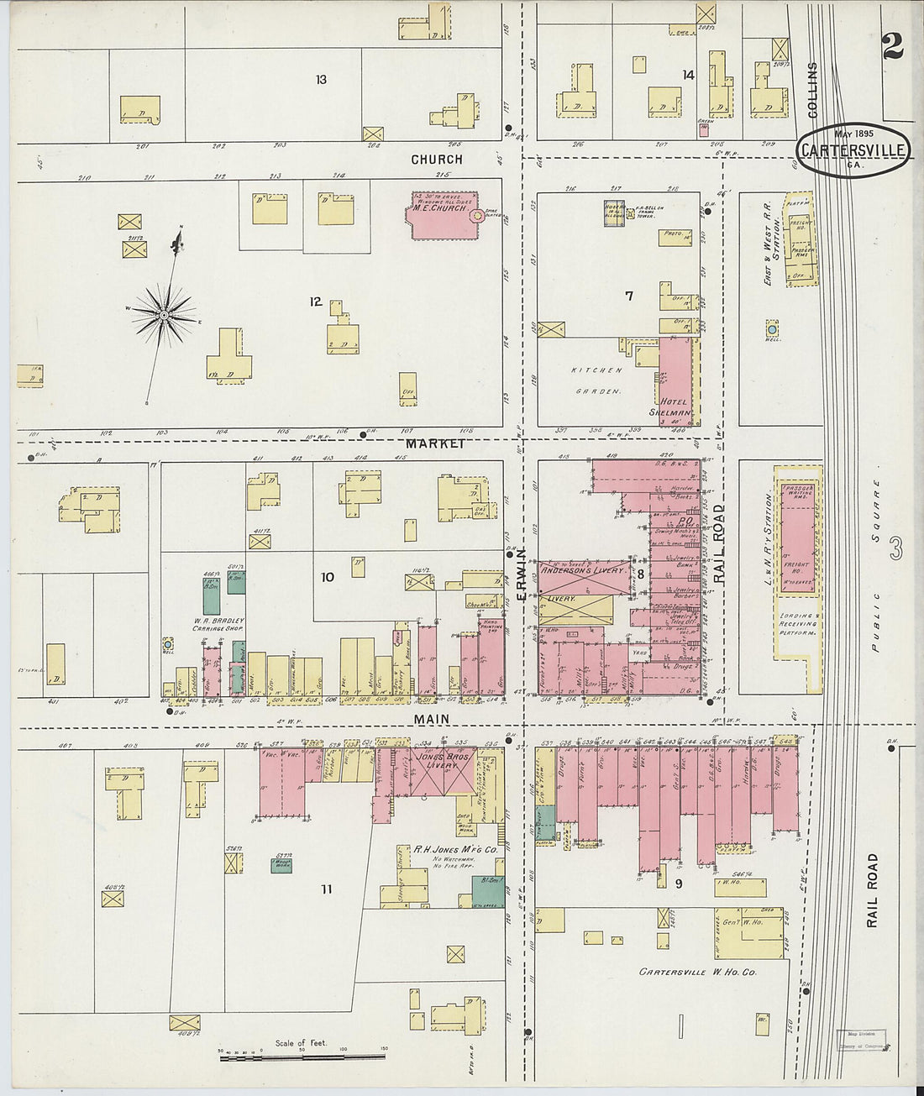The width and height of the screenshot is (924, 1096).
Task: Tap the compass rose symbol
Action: click(x=165, y=315)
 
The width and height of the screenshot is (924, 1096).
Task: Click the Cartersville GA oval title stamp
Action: click(x=853, y=150)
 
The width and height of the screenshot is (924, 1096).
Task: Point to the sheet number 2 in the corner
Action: click(x=892, y=47)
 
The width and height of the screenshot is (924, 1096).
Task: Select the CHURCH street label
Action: click(x=436, y=160)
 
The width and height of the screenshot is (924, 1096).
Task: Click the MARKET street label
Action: click(x=435, y=443)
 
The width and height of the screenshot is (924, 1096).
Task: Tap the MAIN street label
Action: click(x=430, y=720)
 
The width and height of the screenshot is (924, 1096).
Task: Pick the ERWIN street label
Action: click(x=521, y=574)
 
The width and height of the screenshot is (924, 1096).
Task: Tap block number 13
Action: click(x=321, y=81)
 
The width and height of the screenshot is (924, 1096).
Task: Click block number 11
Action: click(x=326, y=889)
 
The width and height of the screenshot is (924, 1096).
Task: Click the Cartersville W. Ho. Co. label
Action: click(x=697, y=973)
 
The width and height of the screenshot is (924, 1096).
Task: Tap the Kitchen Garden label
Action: click(x=596, y=380)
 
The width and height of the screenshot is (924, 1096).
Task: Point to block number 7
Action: click(x=628, y=296)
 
